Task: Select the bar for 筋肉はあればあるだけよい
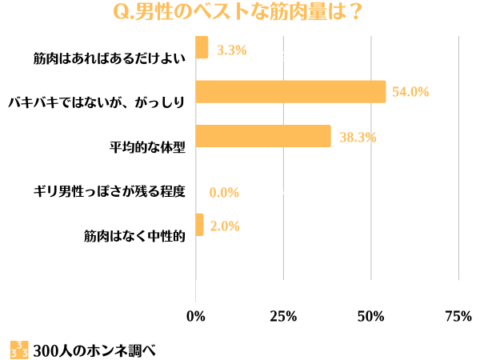(202, 48)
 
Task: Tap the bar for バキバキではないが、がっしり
(290, 92)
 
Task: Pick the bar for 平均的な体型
(263, 136)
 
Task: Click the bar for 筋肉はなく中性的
(199, 225)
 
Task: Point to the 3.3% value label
(231, 50)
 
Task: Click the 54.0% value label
(410, 92)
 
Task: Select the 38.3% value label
(358, 137)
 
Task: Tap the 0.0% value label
(224, 193)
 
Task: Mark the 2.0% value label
(225, 226)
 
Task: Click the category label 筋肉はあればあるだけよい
(109, 58)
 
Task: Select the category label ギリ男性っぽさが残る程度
(109, 191)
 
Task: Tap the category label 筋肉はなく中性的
(134, 236)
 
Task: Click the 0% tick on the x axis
(196, 316)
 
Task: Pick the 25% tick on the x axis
(283, 316)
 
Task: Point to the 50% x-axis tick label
(371, 316)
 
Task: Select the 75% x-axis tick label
(458, 316)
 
